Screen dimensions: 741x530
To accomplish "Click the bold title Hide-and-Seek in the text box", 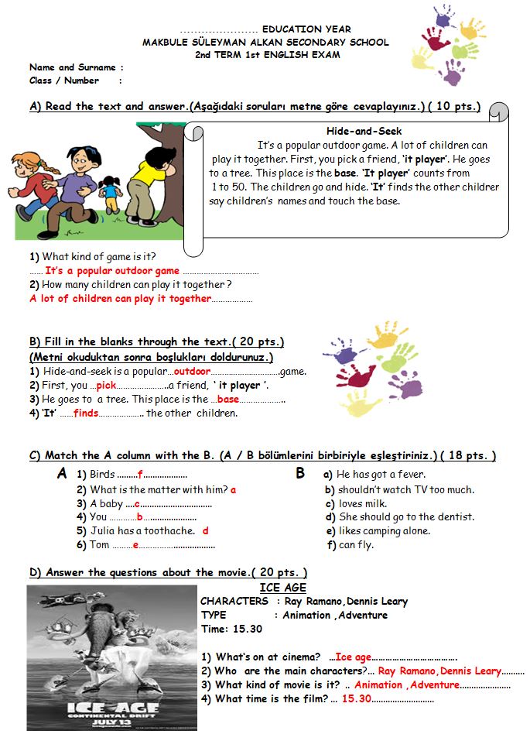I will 364,132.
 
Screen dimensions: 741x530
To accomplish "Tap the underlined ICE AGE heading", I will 283,588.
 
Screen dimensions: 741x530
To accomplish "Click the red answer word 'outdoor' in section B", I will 193,372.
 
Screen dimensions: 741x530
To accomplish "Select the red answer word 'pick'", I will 106,386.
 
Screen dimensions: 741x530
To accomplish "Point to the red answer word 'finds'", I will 86,413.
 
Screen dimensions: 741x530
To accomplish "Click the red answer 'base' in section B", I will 228,400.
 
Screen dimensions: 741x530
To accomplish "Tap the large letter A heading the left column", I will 62,474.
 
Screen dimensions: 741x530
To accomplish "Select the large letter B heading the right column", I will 300,474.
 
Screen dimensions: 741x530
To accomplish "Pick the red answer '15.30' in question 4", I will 357,698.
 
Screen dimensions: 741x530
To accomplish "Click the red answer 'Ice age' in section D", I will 354,657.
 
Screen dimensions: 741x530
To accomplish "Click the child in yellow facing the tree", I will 144,190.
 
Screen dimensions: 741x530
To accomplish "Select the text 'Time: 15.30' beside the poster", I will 231,629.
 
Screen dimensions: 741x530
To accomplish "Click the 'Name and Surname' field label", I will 72,67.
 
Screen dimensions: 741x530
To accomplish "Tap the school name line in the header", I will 265,43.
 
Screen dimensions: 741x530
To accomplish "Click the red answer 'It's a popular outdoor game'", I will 112,271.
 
